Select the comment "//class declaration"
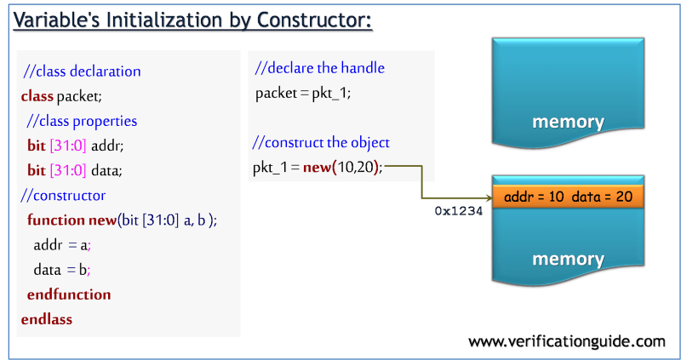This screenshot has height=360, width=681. pos(82,71)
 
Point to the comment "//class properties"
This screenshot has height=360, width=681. pos(82,121)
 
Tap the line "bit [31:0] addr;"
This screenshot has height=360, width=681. pos(75,146)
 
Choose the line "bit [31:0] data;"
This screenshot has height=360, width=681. pos(75,170)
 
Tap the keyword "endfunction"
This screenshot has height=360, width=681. pos(69,294)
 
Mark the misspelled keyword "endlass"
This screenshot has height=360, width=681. pos(47,319)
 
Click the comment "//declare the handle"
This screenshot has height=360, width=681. pos(319,68)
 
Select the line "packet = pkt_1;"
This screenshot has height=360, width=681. pos(302,93)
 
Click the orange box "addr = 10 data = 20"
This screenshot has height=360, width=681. pos(568,197)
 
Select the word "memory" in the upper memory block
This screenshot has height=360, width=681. pos(568,122)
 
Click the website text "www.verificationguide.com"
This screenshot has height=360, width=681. pos(567,341)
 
